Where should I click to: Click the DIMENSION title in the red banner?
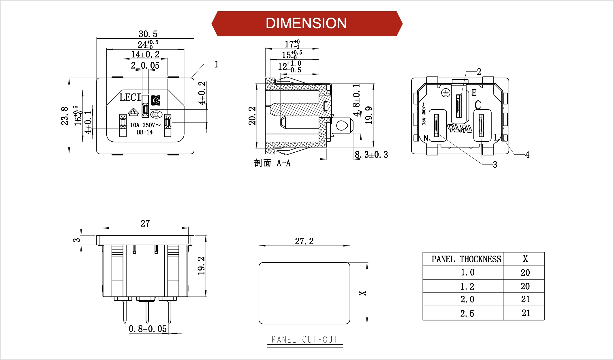pos(306,23)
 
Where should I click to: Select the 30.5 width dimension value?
pos(148,34)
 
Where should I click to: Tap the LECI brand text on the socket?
pos(130,97)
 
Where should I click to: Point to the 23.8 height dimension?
pos(65,116)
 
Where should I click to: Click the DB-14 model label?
pos(144,132)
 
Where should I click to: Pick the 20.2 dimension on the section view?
pos(252,116)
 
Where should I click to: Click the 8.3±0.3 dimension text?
pos(371,155)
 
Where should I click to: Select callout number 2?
pos(479,72)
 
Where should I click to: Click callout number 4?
pos(527,155)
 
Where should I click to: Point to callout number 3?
pos(495,165)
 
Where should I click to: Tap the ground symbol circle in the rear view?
pos(446,93)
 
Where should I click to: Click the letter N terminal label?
pos(426,138)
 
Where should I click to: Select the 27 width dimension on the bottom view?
pos(145,223)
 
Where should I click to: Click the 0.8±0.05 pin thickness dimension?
pos(148,329)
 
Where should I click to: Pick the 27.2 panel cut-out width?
pos(304,241)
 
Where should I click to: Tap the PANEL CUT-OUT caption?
pos(304,340)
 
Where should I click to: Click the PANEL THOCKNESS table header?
pos(466,259)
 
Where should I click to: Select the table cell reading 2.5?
pos(467,314)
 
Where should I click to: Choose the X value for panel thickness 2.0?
pos(525,299)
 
